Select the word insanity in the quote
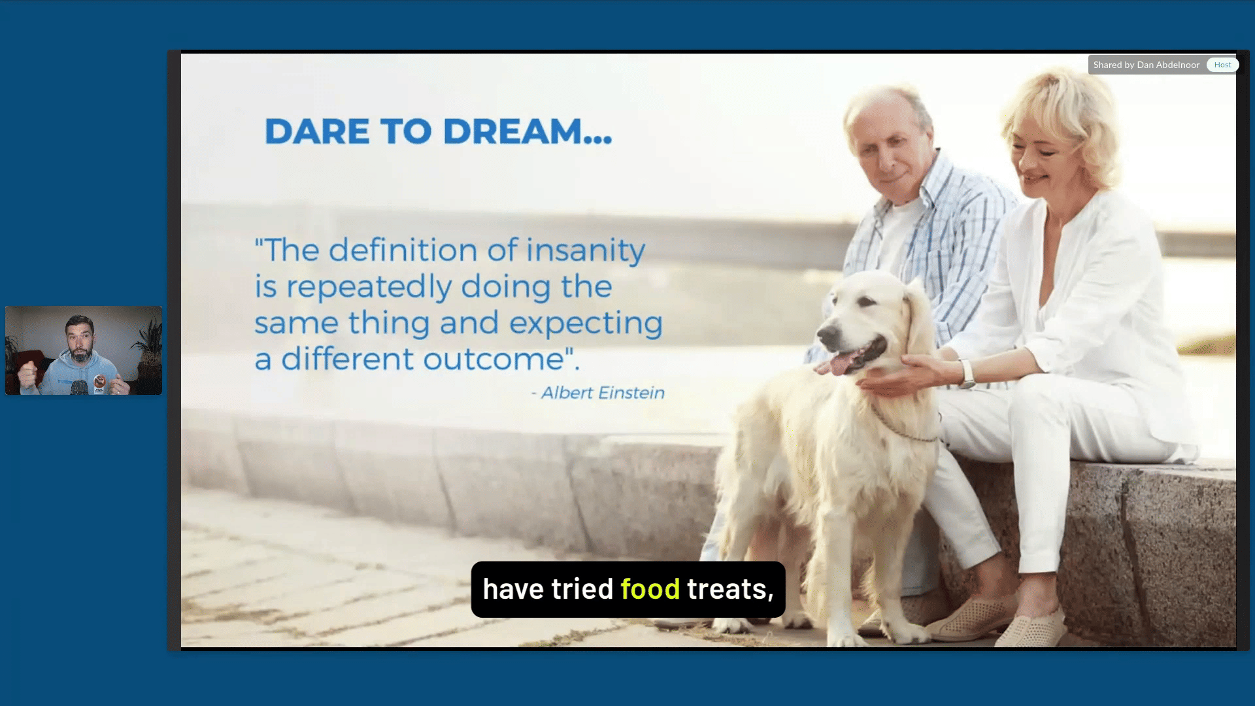(x=586, y=251)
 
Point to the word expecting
(x=586, y=324)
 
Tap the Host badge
(x=1222, y=65)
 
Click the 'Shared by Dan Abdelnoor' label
(x=1146, y=65)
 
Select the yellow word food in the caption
(x=650, y=589)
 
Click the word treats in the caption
(x=730, y=590)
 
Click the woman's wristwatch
(x=966, y=373)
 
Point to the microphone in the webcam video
(x=79, y=388)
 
